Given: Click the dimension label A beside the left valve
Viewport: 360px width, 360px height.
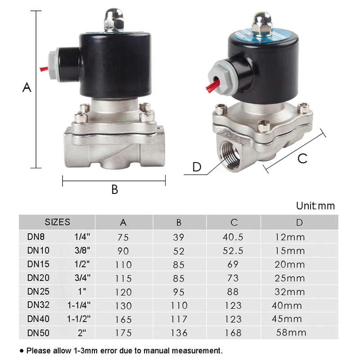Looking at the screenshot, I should pos(27,87).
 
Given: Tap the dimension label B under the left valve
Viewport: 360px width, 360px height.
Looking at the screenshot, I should pos(115,190).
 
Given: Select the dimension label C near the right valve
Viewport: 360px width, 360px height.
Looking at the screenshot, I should pos(302,158).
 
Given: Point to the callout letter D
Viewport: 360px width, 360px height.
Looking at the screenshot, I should pos(197,167).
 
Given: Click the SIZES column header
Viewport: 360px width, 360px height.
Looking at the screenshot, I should pos(57,222).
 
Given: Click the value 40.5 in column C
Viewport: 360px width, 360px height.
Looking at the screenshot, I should pos(233,237).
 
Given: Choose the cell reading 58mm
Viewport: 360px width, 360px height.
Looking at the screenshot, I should pos(292,333).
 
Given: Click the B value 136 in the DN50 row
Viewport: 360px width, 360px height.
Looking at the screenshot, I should pos(180,333).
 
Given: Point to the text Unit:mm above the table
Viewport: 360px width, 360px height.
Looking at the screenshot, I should pos(315,206).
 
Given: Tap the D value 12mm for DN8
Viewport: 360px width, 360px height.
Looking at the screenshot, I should pos(290,237).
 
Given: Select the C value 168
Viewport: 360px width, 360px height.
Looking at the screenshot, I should pos(233,333).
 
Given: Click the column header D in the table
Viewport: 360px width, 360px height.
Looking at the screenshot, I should pos(300,222).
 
